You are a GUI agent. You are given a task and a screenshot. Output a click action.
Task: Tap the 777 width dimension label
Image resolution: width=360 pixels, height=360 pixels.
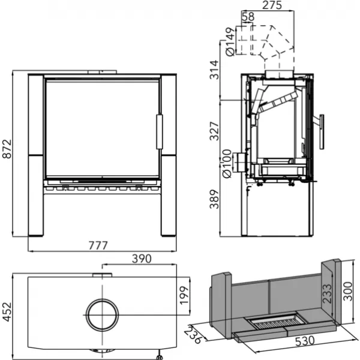[x=102, y=245]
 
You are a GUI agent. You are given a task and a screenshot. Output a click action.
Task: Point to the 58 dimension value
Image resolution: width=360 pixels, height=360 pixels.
[x=247, y=16]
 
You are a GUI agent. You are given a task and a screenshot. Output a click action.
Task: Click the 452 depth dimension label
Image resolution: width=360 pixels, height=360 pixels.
[x=7, y=312]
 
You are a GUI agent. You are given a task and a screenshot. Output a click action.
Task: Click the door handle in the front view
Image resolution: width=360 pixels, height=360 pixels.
[x=159, y=132]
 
